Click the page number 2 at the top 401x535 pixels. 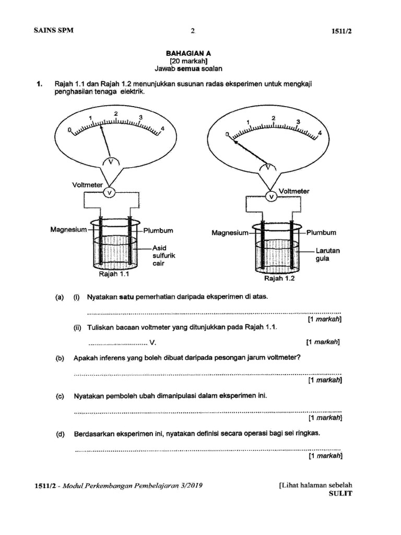point(192,30)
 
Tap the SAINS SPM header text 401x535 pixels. point(54,30)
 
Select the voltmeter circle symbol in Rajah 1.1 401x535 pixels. point(109,193)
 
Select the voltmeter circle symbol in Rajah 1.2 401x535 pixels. point(271,196)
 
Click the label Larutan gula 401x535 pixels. point(328,255)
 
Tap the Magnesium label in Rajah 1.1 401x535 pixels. point(67,228)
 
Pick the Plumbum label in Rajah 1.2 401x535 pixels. point(321,232)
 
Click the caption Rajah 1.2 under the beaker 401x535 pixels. point(279,278)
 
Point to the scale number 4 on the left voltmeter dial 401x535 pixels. point(163,129)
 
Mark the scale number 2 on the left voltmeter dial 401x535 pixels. point(115,113)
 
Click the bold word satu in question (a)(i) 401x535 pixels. point(127,297)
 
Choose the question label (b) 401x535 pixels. point(60,358)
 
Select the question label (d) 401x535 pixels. point(60,433)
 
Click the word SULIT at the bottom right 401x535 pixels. point(340,494)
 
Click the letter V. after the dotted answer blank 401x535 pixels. point(152,343)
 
